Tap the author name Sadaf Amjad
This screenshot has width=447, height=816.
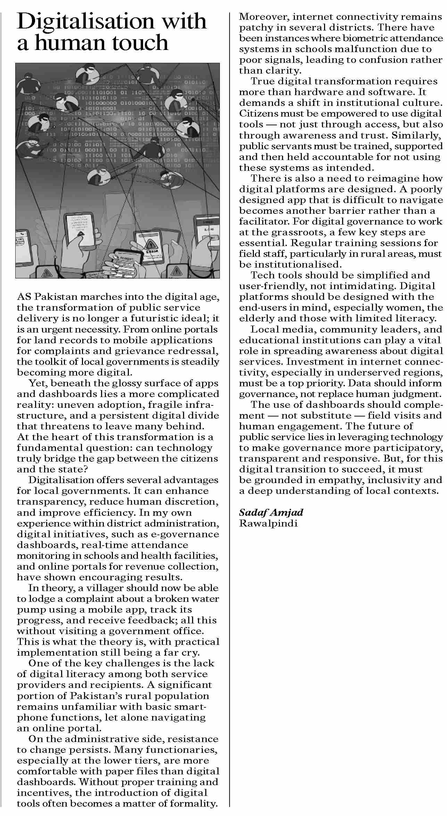pos(271,512)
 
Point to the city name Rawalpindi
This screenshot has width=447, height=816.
pos(268,523)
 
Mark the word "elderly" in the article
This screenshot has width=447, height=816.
pos(257,318)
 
